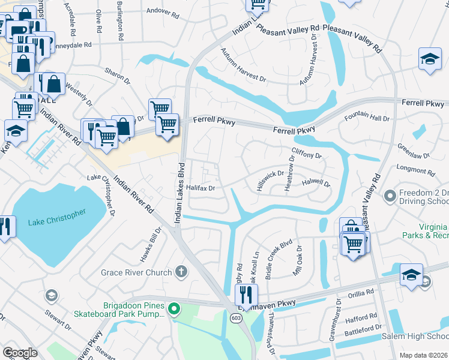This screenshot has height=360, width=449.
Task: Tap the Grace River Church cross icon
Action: pyautogui.click(x=181, y=272)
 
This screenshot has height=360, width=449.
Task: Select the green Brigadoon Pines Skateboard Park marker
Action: pyautogui.click(x=174, y=310)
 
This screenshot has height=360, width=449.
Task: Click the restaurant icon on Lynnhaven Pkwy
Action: pyautogui.click(x=246, y=295)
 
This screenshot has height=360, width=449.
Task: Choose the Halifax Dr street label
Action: pyautogui.click(x=200, y=188)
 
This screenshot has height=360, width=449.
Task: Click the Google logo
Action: pyautogui.click(x=20, y=353)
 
